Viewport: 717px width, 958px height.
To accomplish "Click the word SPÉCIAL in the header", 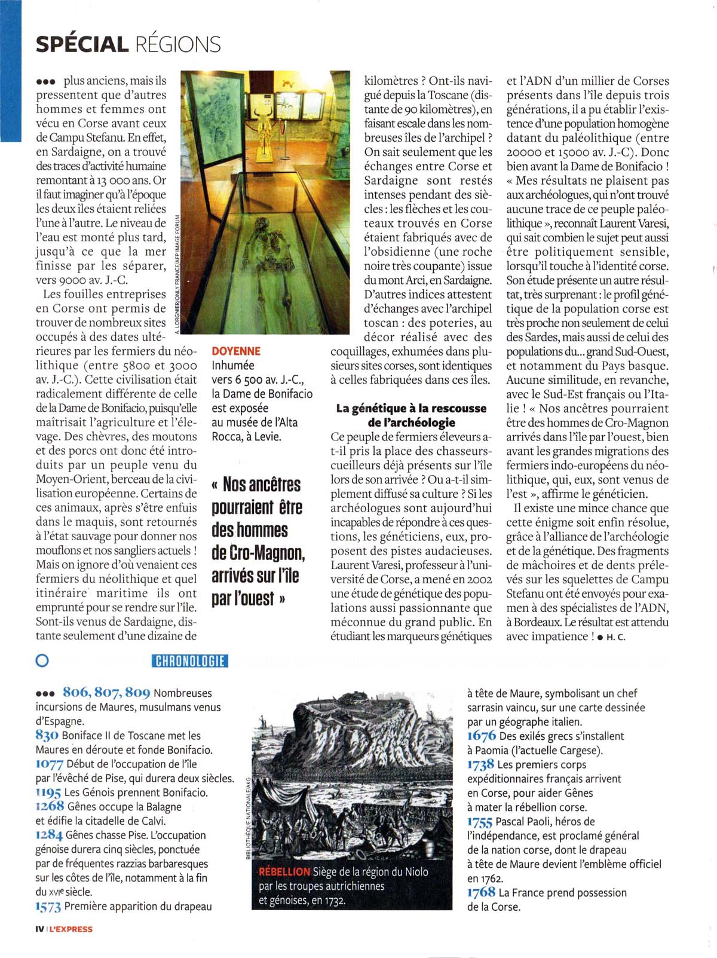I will pyautogui.click(x=82, y=44).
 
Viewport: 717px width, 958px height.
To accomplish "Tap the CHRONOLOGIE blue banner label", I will pyautogui.click(x=190, y=660).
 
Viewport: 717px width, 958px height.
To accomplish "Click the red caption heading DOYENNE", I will pyautogui.click(x=236, y=351).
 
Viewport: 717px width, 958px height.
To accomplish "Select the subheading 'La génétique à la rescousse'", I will pyautogui.click(x=411, y=408).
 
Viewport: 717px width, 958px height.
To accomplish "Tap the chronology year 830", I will pyautogui.click(x=47, y=735).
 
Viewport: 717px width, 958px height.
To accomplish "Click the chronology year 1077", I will pyautogui.click(x=50, y=764).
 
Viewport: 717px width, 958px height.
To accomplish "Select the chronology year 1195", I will pyautogui.click(x=48, y=792).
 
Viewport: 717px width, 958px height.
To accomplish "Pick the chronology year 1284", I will pyautogui.click(x=49, y=835).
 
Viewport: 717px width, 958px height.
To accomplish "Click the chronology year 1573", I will pyautogui.click(x=48, y=907).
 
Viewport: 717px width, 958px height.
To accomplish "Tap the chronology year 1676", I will pyautogui.click(x=482, y=736).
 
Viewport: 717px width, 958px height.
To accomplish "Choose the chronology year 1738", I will pyautogui.click(x=481, y=764).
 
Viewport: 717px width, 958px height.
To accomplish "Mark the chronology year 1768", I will pyautogui.click(x=482, y=892).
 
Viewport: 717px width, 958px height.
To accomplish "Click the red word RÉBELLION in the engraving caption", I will pyautogui.click(x=284, y=871).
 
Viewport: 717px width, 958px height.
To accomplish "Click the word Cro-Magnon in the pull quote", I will pyautogui.click(x=258, y=553).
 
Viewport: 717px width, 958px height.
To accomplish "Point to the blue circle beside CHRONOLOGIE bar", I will pyautogui.click(x=42, y=660).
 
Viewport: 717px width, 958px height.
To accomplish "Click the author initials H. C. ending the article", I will pyautogui.click(x=616, y=637).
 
